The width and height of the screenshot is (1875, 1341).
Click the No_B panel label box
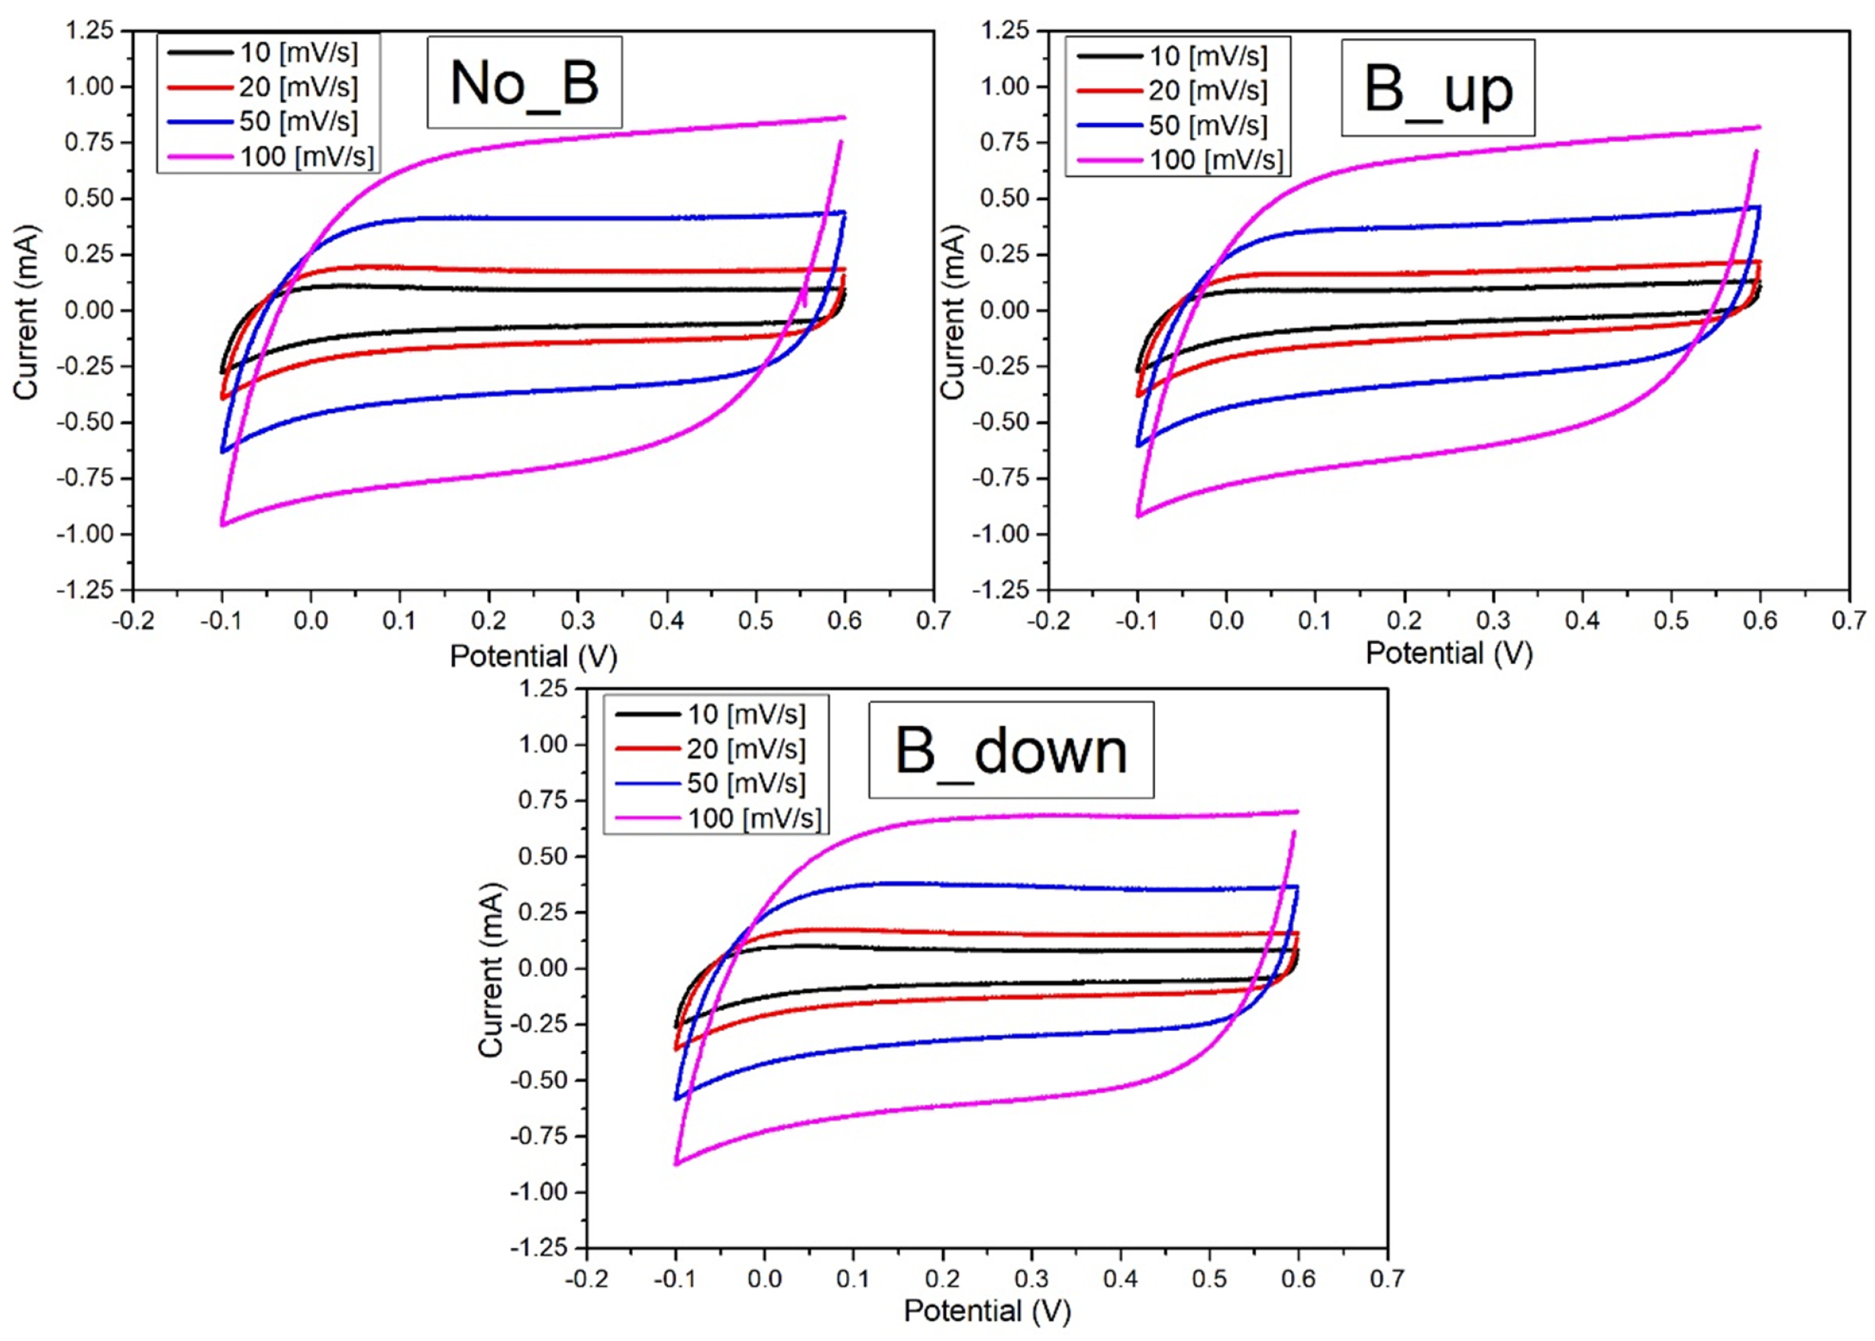(x=524, y=82)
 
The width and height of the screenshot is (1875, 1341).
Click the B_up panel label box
(x=1438, y=88)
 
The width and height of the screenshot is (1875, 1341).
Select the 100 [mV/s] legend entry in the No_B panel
(x=305, y=155)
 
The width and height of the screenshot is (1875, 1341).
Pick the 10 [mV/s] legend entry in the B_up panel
(x=1207, y=56)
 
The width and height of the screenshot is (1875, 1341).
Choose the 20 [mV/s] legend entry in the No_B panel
(x=297, y=87)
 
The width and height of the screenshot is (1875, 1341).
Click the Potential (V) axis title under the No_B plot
(x=533, y=656)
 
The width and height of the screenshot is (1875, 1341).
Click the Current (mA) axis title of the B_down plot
(x=491, y=969)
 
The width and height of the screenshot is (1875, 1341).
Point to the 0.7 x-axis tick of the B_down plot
(x=1387, y=1279)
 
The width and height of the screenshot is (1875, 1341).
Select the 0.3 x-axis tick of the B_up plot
(x=1493, y=621)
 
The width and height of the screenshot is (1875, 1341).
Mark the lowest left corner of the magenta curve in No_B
(x=222, y=524)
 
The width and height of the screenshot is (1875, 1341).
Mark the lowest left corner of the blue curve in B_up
(x=1138, y=446)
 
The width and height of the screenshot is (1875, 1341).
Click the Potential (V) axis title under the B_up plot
(x=1449, y=653)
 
